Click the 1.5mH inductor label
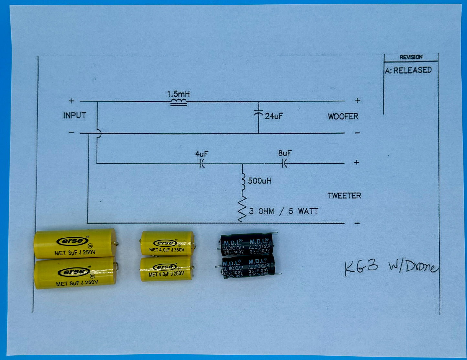[x=178, y=94]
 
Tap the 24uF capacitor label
[x=274, y=116]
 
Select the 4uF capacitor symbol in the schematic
[x=202, y=164]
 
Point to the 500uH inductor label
[x=260, y=181]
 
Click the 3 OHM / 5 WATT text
[x=283, y=211]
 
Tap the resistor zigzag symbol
[x=242, y=209]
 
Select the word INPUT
[x=75, y=115]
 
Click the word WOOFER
[x=343, y=116]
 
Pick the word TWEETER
[x=344, y=196]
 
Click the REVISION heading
[x=411, y=57]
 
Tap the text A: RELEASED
[x=408, y=70]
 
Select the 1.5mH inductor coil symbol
[x=178, y=102]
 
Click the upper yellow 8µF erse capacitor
[x=75, y=244]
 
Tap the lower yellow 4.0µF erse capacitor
[x=166, y=269]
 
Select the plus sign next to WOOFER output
[x=357, y=101]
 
